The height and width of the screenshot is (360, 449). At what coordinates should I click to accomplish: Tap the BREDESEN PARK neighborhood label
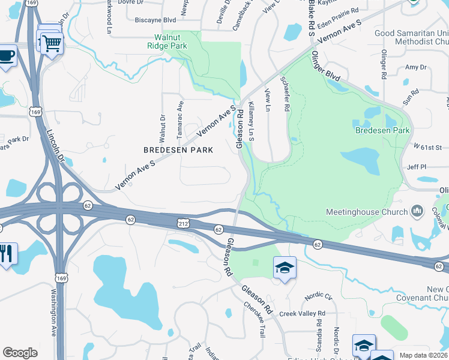pyautogui.click(x=178, y=149)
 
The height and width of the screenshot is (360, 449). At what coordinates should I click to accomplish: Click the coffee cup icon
pyautogui.click(x=7, y=56)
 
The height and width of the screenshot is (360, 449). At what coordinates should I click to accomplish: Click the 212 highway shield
pyautogui.click(x=183, y=224)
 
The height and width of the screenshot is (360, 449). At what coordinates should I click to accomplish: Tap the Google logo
pyautogui.click(x=20, y=353)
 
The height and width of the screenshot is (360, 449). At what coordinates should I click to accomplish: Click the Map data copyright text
pyautogui.click(x=423, y=355)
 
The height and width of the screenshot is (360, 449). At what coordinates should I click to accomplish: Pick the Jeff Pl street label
pyautogui.click(x=416, y=167)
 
